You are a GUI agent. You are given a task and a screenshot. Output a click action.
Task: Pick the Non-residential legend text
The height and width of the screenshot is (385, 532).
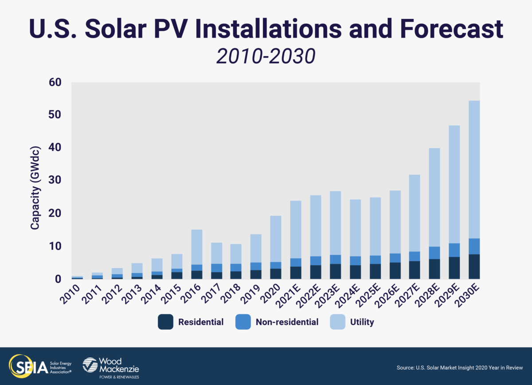pos(287,322)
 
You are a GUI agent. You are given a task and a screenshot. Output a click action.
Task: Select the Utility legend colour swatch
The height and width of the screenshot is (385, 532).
pos(337,322)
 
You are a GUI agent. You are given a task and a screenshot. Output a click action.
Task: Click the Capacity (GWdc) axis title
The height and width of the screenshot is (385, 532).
pos(35,186)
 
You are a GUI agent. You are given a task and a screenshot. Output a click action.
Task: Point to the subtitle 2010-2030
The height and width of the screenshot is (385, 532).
pos(266,56)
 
